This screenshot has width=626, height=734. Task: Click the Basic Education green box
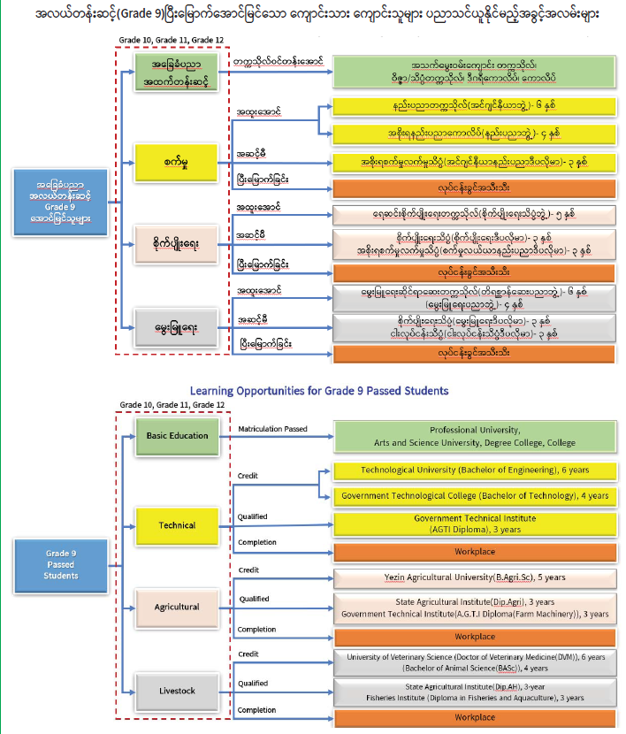tap(177, 436)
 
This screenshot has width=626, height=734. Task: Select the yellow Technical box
tap(177, 524)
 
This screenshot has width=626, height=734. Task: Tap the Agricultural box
tap(177, 608)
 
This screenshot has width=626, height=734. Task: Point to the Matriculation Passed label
tap(273, 429)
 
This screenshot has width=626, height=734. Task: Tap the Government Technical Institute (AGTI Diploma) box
tap(475, 524)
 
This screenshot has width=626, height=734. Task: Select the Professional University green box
tap(475, 436)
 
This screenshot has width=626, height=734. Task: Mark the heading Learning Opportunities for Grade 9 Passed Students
tap(319, 390)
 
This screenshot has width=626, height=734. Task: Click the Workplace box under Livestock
tap(475, 717)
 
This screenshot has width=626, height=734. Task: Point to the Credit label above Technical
tap(248, 476)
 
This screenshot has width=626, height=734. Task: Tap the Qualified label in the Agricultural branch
tap(254, 599)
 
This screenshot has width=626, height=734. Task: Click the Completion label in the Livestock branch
tap(257, 710)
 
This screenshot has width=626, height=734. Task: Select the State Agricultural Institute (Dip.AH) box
tap(475, 692)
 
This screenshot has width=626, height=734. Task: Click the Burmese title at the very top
tap(313, 15)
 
